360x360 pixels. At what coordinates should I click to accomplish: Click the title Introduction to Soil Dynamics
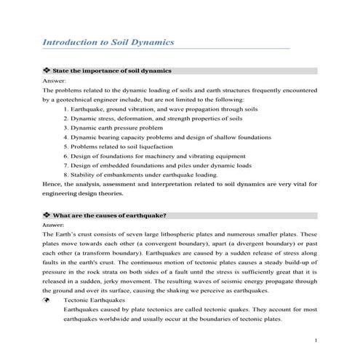(x=109, y=42)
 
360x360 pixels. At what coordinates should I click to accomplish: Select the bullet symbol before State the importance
(x=47, y=71)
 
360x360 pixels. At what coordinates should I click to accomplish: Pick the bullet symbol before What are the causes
(x=47, y=216)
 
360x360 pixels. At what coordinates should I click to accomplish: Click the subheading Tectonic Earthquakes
(x=94, y=300)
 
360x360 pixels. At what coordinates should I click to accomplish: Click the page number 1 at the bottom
(x=315, y=340)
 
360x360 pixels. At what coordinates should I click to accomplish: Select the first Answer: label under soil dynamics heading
(x=55, y=81)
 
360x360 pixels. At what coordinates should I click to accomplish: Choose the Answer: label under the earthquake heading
(x=55, y=225)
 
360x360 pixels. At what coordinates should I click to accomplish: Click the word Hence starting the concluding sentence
(x=52, y=184)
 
